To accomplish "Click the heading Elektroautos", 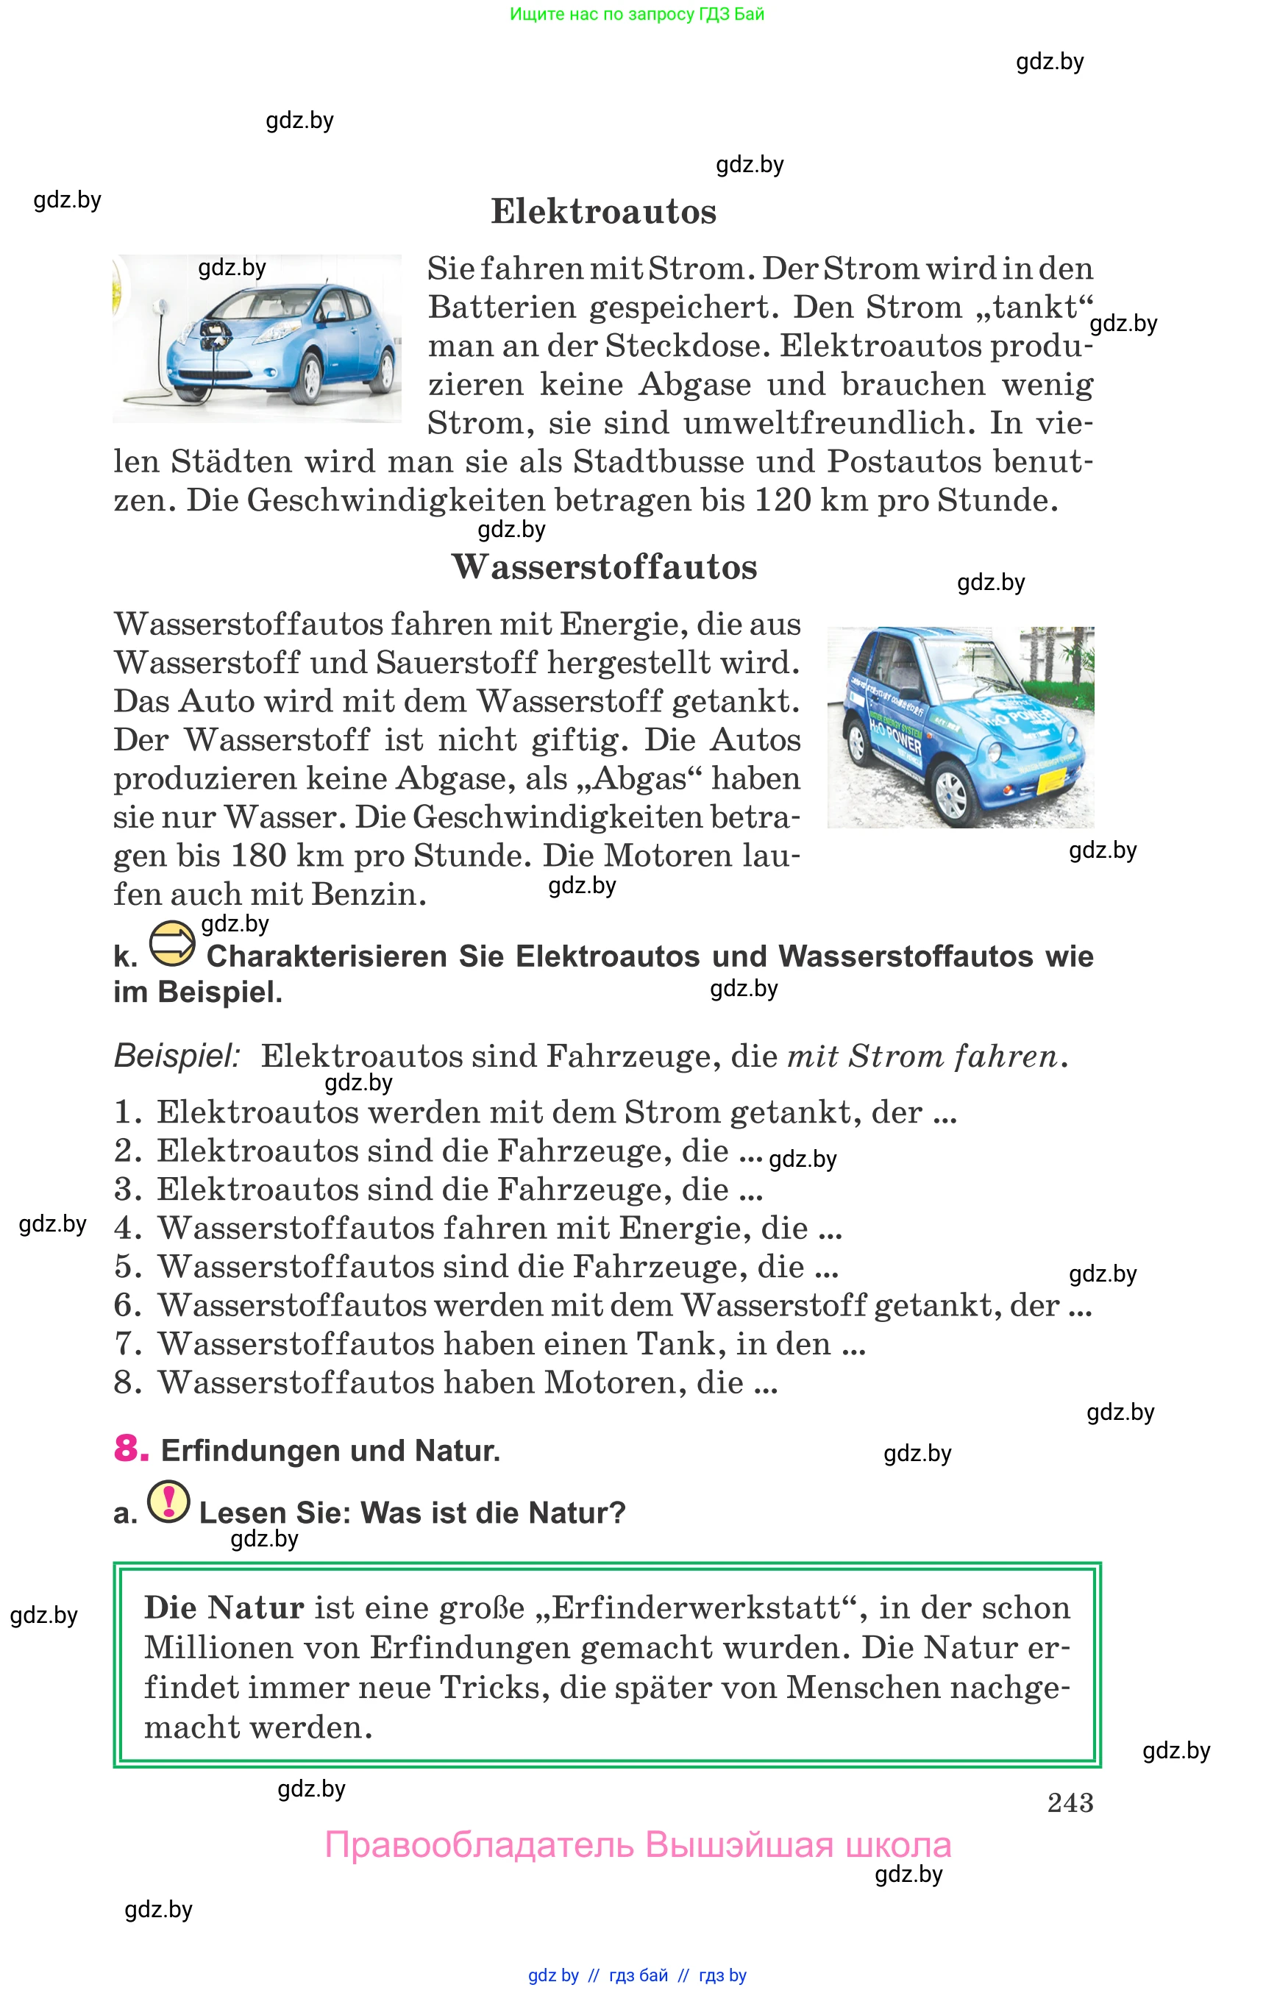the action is tap(603, 211).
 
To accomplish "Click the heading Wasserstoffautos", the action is tap(604, 567).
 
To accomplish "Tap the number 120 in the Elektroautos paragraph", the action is tap(782, 500).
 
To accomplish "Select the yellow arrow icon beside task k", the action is tap(171, 944).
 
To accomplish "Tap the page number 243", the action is tap(1070, 1803).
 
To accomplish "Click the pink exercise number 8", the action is tap(130, 1448).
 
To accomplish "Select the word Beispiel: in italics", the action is tap(177, 1056).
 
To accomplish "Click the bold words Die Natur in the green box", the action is tap(224, 1607).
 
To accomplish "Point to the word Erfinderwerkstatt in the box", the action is tap(696, 1607).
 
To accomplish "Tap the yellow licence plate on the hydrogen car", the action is tap(1053, 779).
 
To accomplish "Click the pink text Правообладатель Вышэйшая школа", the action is tap(637, 1844).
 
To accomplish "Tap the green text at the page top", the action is tap(637, 14).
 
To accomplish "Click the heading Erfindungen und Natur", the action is tap(330, 1451).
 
